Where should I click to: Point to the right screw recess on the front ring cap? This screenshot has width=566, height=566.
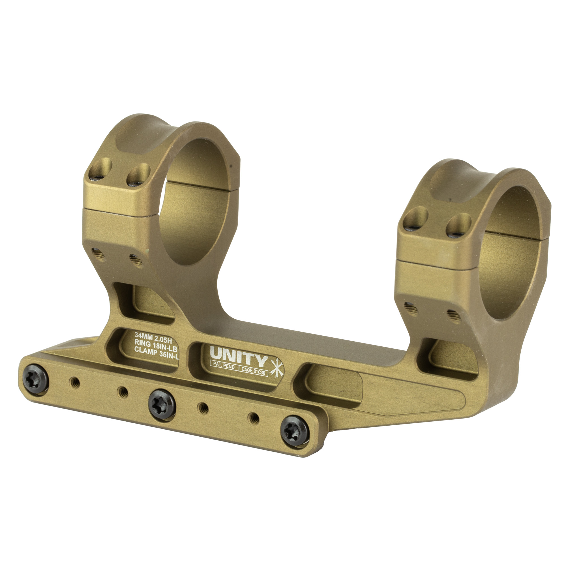point(139,175)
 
